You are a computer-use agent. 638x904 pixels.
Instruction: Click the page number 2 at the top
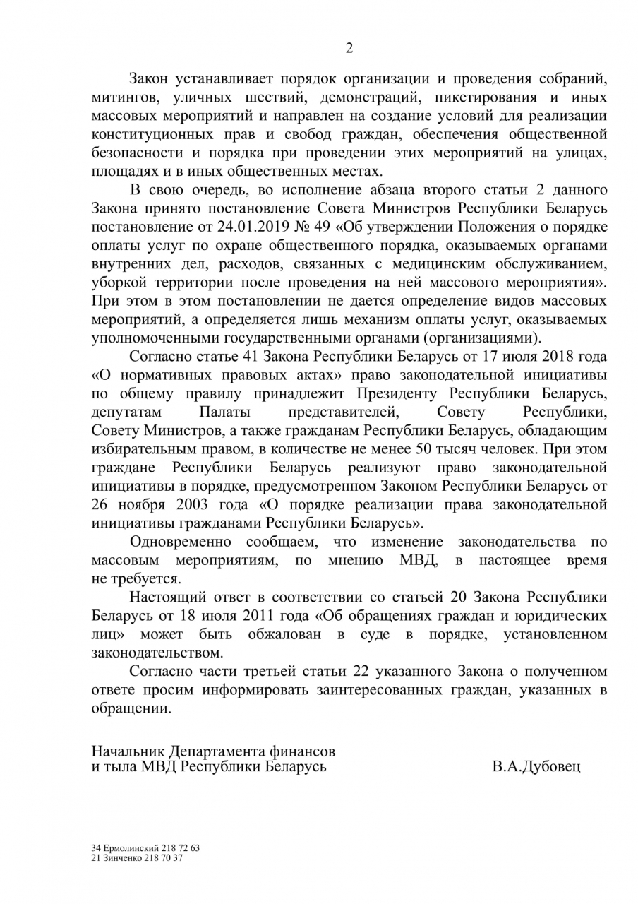pos(349,48)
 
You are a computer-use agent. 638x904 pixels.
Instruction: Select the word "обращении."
pos(131,708)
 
